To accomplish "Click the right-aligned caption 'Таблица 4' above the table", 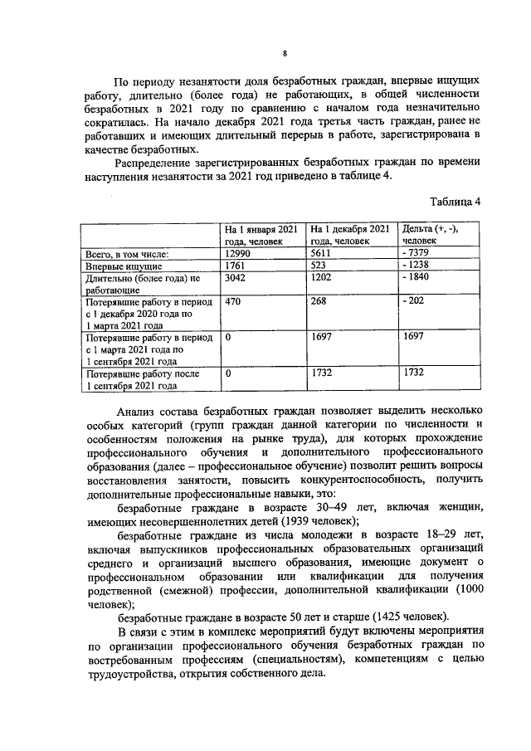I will coord(455,201).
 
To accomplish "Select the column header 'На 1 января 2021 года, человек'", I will coord(261,234).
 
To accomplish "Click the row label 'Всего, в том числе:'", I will coord(128,254).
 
